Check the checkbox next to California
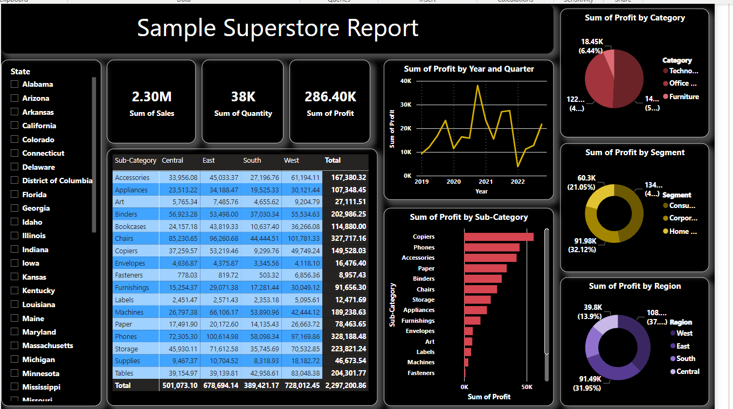click(15, 126)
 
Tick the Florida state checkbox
click(15, 195)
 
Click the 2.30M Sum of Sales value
click(151, 97)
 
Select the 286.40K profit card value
click(330, 97)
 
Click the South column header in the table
click(252, 161)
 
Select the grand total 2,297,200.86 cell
click(345, 386)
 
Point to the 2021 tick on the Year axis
click(486, 182)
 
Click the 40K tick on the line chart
click(406, 81)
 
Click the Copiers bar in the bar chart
click(499, 237)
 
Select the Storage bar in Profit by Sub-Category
click(477, 300)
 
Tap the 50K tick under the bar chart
click(527, 387)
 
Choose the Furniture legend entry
click(683, 97)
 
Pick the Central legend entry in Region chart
click(688, 372)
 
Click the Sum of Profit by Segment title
click(635, 152)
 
